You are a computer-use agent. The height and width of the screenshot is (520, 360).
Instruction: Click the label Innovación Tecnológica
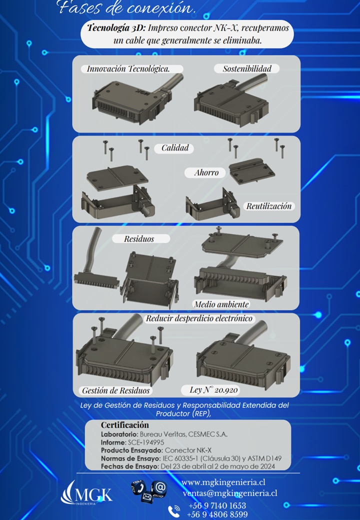point(128,68)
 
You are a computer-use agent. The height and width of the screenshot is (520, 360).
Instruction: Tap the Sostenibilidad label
point(247,68)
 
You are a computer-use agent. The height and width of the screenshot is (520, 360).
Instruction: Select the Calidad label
point(175,148)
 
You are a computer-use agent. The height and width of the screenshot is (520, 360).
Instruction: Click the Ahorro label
point(206,172)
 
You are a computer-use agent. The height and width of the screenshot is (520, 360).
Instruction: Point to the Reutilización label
point(269,206)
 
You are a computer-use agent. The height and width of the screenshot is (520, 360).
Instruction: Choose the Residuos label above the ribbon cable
point(139,239)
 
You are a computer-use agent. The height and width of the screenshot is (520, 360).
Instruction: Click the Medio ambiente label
point(221,304)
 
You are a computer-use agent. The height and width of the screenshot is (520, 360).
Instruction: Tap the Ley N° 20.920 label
point(213,389)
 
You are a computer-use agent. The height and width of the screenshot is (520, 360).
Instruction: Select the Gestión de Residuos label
point(115,390)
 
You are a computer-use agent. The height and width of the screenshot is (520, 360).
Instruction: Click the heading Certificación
point(125,425)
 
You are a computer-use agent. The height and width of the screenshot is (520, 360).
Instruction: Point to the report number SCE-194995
point(146,442)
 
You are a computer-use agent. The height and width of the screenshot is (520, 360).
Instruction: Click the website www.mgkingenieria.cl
point(223,482)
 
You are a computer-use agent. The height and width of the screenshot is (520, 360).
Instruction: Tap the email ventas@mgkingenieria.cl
point(229,493)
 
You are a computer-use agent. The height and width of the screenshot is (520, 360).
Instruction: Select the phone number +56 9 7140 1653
point(217,505)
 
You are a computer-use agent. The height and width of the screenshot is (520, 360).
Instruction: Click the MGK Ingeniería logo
point(86,492)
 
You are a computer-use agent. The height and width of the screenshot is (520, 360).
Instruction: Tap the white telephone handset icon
point(173,511)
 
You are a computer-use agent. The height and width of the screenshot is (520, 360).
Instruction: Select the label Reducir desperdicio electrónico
point(199,318)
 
